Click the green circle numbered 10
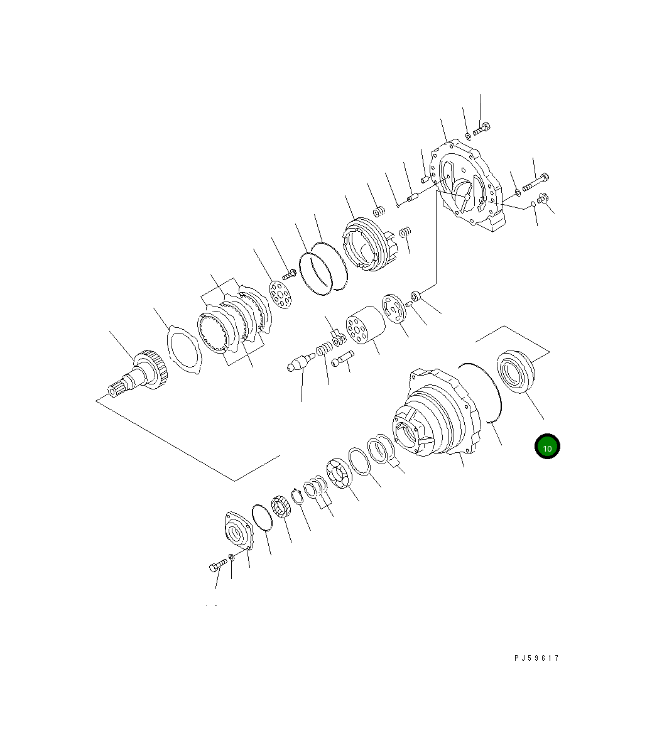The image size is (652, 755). click(x=547, y=447)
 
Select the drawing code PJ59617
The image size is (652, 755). click(x=536, y=658)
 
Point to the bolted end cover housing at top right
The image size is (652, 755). click(x=469, y=187)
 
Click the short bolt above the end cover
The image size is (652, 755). click(x=482, y=131)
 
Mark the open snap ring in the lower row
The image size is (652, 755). click(x=297, y=496)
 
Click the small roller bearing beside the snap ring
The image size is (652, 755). click(x=280, y=506)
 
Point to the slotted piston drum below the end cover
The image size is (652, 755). click(x=367, y=244)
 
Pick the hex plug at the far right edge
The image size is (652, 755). click(x=544, y=199)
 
